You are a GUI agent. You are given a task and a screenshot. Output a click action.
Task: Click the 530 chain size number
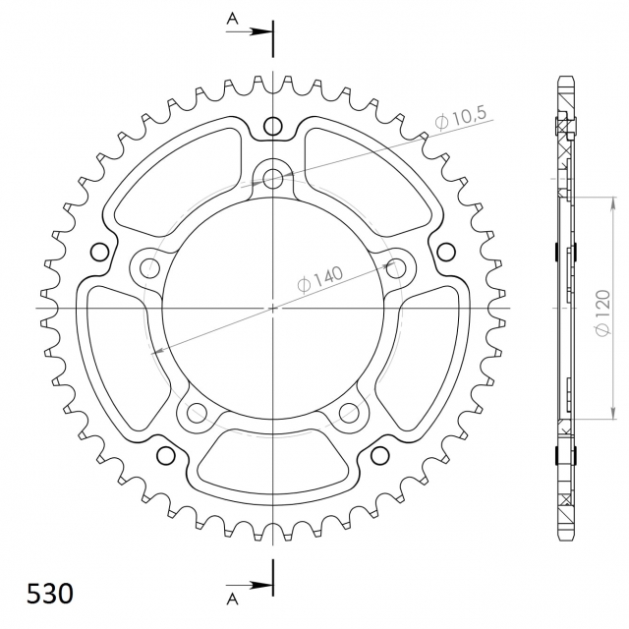[50, 594]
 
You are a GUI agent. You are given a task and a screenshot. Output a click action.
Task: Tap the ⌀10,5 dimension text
[461, 117]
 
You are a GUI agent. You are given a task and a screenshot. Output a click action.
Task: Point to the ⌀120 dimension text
[602, 313]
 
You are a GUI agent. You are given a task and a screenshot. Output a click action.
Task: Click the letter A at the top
[232, 19]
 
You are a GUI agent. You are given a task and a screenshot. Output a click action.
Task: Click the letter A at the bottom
[232, 599]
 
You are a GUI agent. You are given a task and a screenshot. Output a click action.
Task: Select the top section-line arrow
[249, 31]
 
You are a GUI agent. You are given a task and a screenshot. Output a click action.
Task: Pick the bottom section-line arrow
[249, 586]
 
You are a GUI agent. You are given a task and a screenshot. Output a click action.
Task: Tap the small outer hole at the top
[273, 126]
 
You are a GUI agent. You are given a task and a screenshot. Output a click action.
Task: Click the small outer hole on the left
[100, 252]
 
